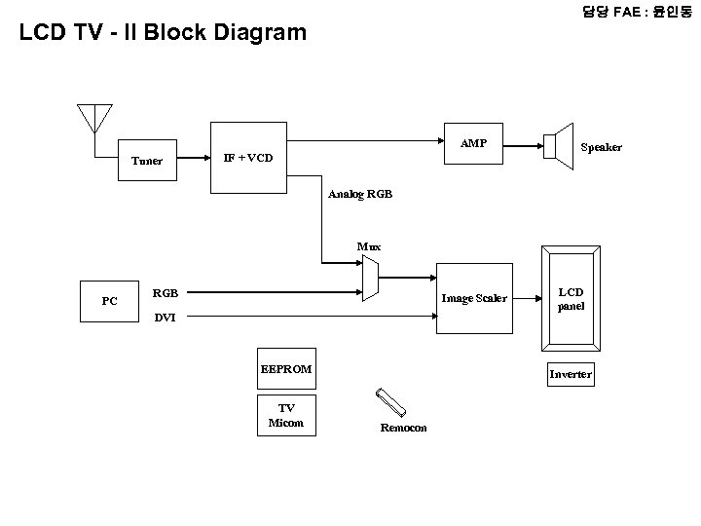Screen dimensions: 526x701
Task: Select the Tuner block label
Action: (x=148, y=161)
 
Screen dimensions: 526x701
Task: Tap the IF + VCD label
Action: (x=248, y=157)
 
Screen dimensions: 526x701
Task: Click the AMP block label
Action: (x=473, y=143)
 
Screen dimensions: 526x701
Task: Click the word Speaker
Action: (x=601, y=147)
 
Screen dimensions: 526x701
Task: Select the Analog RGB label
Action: (x=360, y=194)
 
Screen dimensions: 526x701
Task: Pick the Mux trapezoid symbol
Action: (x=369, y=281)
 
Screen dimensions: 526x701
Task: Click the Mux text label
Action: (x=369, y=246)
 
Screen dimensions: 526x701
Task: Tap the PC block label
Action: (x=110, y=301)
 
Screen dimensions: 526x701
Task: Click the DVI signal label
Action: (x=166, y=318)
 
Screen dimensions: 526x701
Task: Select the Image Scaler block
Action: (x=474, y=298)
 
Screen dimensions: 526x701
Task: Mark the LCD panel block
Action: (x=571, y=300)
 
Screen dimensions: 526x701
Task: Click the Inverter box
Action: (x=571, y=374)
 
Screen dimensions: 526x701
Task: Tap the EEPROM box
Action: (x=285, y=369)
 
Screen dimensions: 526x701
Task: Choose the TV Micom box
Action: (x=286, y=415)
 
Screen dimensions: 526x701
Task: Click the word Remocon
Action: (x=403, y=428)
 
